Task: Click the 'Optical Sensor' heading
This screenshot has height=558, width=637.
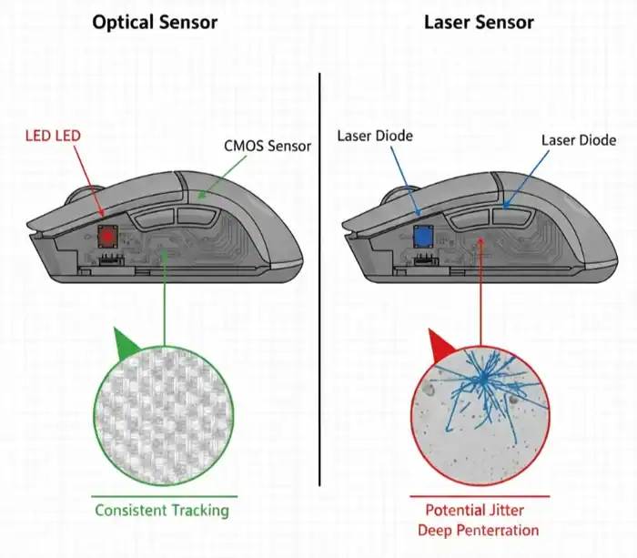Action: point(155,22)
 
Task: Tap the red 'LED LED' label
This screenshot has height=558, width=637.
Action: point(52,136)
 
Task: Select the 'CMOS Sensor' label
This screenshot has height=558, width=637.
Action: point(268,146)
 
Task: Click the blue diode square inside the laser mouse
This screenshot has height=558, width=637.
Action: point(422,236)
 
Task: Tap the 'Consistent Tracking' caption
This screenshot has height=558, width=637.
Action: point(162,510)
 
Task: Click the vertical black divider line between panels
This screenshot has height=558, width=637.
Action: point(319,273)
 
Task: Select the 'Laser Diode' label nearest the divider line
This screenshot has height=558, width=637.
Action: point(375,136)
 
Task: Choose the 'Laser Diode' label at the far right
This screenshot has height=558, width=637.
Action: point(579,140)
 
